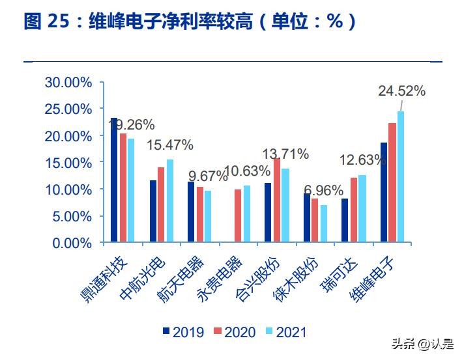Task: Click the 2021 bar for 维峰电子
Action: click(401, 177)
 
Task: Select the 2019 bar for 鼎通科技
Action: click(114, 180)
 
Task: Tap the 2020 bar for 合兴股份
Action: click(277, 201)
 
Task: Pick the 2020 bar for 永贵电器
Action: click(238, 216)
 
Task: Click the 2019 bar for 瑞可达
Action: click(345, 221)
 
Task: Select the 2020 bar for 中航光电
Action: click(161, 205)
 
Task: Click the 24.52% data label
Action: click(401, 91)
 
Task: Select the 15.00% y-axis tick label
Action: click(68, 163)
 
